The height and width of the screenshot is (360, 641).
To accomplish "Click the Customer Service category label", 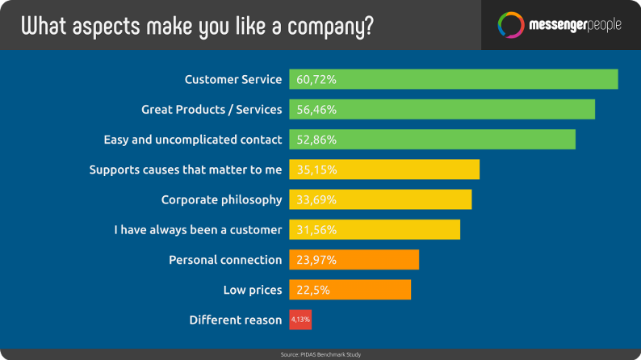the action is click(233, 79).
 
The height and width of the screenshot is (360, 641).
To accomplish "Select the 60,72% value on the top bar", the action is click(316, 80).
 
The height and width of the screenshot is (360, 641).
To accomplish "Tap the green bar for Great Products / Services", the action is click(442, 110).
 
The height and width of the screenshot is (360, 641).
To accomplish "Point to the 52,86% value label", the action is click(316, 140).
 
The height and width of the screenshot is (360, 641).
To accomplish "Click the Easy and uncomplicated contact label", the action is click(193, 140).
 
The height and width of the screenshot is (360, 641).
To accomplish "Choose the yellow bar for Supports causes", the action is click(384, 170).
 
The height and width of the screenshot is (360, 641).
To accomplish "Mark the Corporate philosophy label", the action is click(221, 200).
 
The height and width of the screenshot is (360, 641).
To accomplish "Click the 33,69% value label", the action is click(316, 200).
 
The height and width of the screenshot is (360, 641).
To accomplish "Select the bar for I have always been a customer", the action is click(375, 230).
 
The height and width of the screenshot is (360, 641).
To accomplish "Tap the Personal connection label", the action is click(225, 260).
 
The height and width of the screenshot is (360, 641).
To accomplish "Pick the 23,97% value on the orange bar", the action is click(316, 260).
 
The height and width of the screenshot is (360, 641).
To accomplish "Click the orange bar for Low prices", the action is click(350, 290).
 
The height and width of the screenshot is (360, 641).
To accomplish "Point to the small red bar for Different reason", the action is click(300, 320).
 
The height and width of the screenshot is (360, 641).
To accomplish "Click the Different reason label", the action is click(236, 320).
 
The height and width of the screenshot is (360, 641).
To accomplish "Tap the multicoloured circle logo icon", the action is click(511, 25).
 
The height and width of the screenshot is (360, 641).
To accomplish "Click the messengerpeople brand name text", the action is click(575, 25).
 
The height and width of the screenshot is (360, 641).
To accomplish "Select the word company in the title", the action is click(330, 27).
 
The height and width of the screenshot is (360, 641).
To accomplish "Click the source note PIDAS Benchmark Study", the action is click(321, 354).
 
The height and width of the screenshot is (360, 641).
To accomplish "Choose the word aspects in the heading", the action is click(107, 27).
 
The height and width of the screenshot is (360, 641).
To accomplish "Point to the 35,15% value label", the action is click(316, 170).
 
